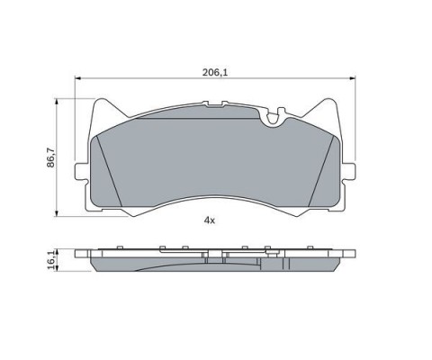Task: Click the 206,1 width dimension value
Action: click(215, 72)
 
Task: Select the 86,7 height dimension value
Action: click(51, 157)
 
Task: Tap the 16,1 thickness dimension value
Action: click(51, 260)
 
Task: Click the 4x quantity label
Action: click(210, 220)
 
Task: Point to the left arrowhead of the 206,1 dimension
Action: click(77, 78)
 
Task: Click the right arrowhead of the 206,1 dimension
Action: click(352, 78)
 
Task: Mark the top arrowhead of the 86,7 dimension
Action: click(56, 102)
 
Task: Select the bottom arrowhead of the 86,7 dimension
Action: click(56, 213)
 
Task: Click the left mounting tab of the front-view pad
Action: click(80, 172)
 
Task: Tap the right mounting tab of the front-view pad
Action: click(349, 172)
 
